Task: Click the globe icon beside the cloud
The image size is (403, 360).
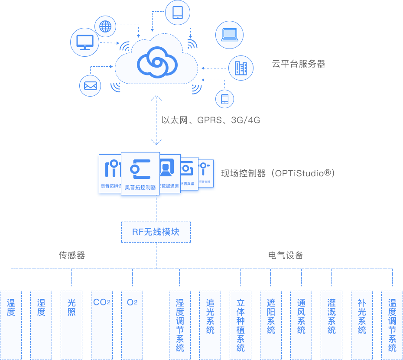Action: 105,26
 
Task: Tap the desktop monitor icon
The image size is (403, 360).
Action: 84,42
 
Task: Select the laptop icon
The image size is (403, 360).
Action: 229,35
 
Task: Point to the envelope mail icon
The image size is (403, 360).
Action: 90,86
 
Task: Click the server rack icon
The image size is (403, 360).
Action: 240,68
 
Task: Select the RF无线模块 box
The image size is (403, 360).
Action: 156,231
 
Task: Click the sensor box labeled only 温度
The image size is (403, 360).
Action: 11,325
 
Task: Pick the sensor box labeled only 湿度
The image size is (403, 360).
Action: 41,325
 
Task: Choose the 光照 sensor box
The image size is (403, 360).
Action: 71,325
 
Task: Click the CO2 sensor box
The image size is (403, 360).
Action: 102,325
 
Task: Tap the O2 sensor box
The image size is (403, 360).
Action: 132,325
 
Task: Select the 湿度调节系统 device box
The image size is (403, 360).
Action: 180,325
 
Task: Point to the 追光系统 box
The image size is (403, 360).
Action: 210,325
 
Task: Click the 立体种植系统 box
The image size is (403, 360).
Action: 240,325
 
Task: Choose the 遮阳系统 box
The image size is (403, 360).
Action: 271,325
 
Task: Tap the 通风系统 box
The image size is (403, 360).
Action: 301,325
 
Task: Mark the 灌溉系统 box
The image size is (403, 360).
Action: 331,325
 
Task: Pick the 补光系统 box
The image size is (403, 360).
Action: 362,325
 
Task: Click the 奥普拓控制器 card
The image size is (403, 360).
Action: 140,174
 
